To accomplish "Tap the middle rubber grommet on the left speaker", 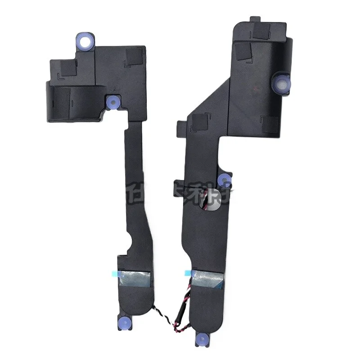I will pyautogui.click(x=112, y=102).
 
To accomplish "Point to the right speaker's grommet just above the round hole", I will pyautogui.click(x=224, y=180).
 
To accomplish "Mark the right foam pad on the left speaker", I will pyautogui.click(x=132, y=55).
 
